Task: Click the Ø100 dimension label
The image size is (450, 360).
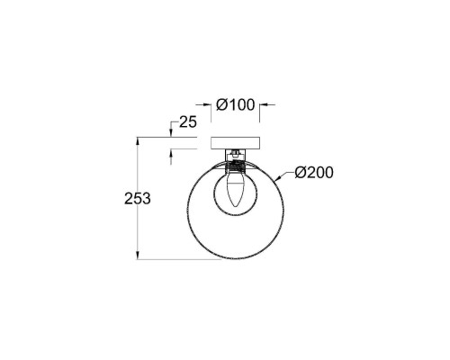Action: click(x=235, y=104)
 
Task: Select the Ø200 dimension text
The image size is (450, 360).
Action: click(x=314, y=173)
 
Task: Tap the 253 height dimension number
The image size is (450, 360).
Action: click(x=138, y=198)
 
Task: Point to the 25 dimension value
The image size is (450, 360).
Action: click(x=188, y=122)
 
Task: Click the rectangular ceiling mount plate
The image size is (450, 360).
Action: click(x=235, y=143)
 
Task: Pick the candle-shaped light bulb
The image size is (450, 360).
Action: click(x=235, y=188)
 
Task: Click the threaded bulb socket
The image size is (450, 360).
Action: click(x=235, y=166)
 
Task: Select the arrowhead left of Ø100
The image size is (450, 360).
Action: click(x=207, y=104)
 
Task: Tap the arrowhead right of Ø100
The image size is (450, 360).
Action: click(x=264, y=104)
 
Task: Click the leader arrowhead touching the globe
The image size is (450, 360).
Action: click(x=277, y=179)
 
